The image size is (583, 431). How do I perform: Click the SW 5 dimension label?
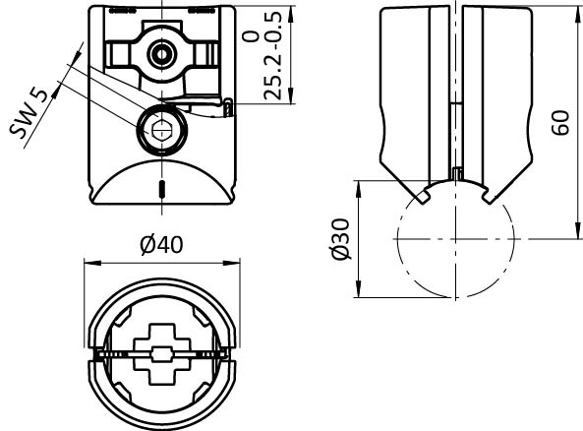[29, 113]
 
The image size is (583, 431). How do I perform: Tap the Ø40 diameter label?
[162, 245]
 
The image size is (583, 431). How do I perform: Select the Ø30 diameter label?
[340, 239]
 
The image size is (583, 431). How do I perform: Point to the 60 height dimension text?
[560, 123]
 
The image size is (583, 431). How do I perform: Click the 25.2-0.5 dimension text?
[273, 56]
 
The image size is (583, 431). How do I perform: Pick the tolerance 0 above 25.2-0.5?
[251, 35]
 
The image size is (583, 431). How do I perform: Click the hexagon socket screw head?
[162, 129]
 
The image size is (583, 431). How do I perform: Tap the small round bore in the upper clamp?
[162, 54]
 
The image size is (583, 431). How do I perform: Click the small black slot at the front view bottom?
[162, 190]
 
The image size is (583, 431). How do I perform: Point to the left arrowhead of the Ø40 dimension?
[92, 263]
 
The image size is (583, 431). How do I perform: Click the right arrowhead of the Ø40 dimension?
[231, 263]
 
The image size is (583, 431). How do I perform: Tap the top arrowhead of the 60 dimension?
[577, 14]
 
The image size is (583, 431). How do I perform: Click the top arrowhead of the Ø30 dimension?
[359, 190]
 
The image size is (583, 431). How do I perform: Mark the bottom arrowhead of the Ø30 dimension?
[359, 289]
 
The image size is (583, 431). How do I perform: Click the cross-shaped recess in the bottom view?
[162, 354]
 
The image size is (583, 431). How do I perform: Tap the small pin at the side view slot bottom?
[457, 174]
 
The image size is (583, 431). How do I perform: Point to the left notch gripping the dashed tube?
[424, 197]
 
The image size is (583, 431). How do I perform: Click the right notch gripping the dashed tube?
[488, 197]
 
